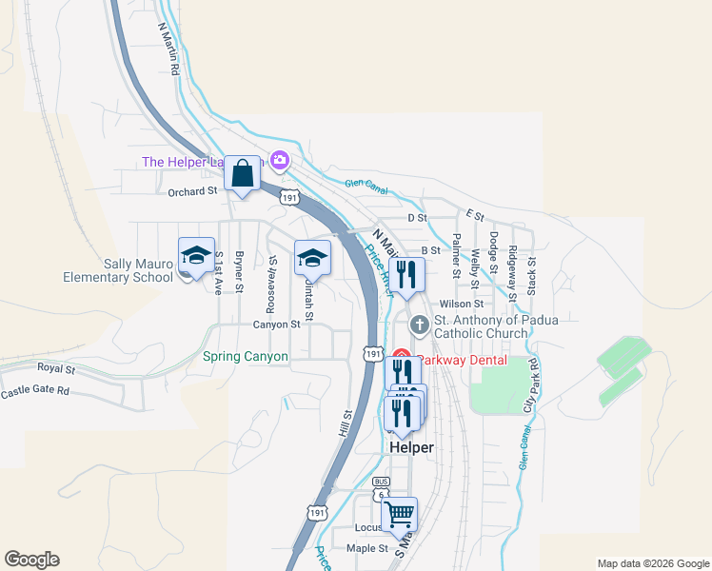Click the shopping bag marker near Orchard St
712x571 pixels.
[x=243, y=174]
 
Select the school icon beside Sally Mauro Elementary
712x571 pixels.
[x=196, y=257]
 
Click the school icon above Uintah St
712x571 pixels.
[x=312, y=257]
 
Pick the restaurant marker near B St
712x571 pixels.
[x=406, y=275]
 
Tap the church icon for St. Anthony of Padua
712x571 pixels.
[x=419, y=325]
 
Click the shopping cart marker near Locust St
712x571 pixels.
[x=400, y=515]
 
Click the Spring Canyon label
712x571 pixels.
[x=246, y=357]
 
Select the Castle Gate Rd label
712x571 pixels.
[x=35, y=391]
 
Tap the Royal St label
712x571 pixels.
[x=56, y=367]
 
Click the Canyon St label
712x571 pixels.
[x=276, y=324]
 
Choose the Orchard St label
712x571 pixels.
[x=192, y=191]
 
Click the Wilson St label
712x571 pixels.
[x=463, y=304]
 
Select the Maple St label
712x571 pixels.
[x=367, y=548]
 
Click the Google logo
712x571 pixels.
[x=31, y=560]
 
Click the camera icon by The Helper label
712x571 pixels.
[x=280, y=160]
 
